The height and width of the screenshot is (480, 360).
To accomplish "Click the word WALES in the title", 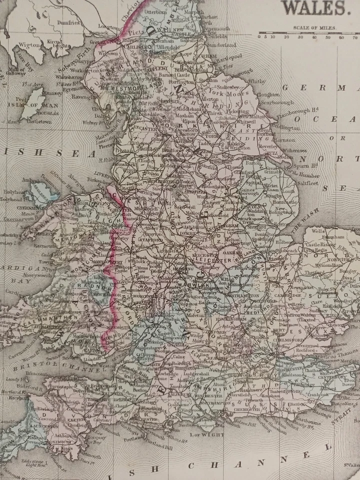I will [x=315, y=8].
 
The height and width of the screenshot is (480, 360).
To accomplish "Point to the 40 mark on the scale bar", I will [x=314, y=36].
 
